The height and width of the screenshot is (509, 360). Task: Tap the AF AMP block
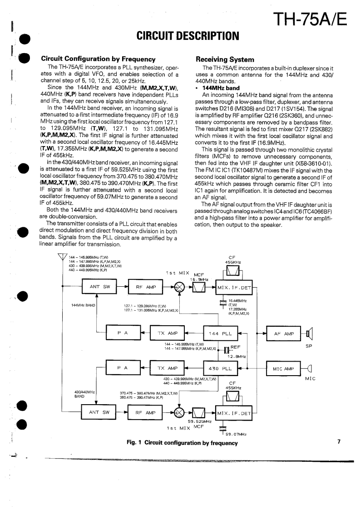point(284,334)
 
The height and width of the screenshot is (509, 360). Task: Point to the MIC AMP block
point(284,369)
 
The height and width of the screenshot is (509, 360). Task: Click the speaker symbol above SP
point(309,335)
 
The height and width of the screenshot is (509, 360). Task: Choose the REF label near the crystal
point(235,347)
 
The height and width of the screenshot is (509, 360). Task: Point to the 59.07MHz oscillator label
point(236,435)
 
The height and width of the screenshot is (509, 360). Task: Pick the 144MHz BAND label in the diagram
point(84,305)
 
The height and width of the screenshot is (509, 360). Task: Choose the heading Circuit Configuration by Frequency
point(99,59)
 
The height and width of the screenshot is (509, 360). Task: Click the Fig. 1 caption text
point(182,443)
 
